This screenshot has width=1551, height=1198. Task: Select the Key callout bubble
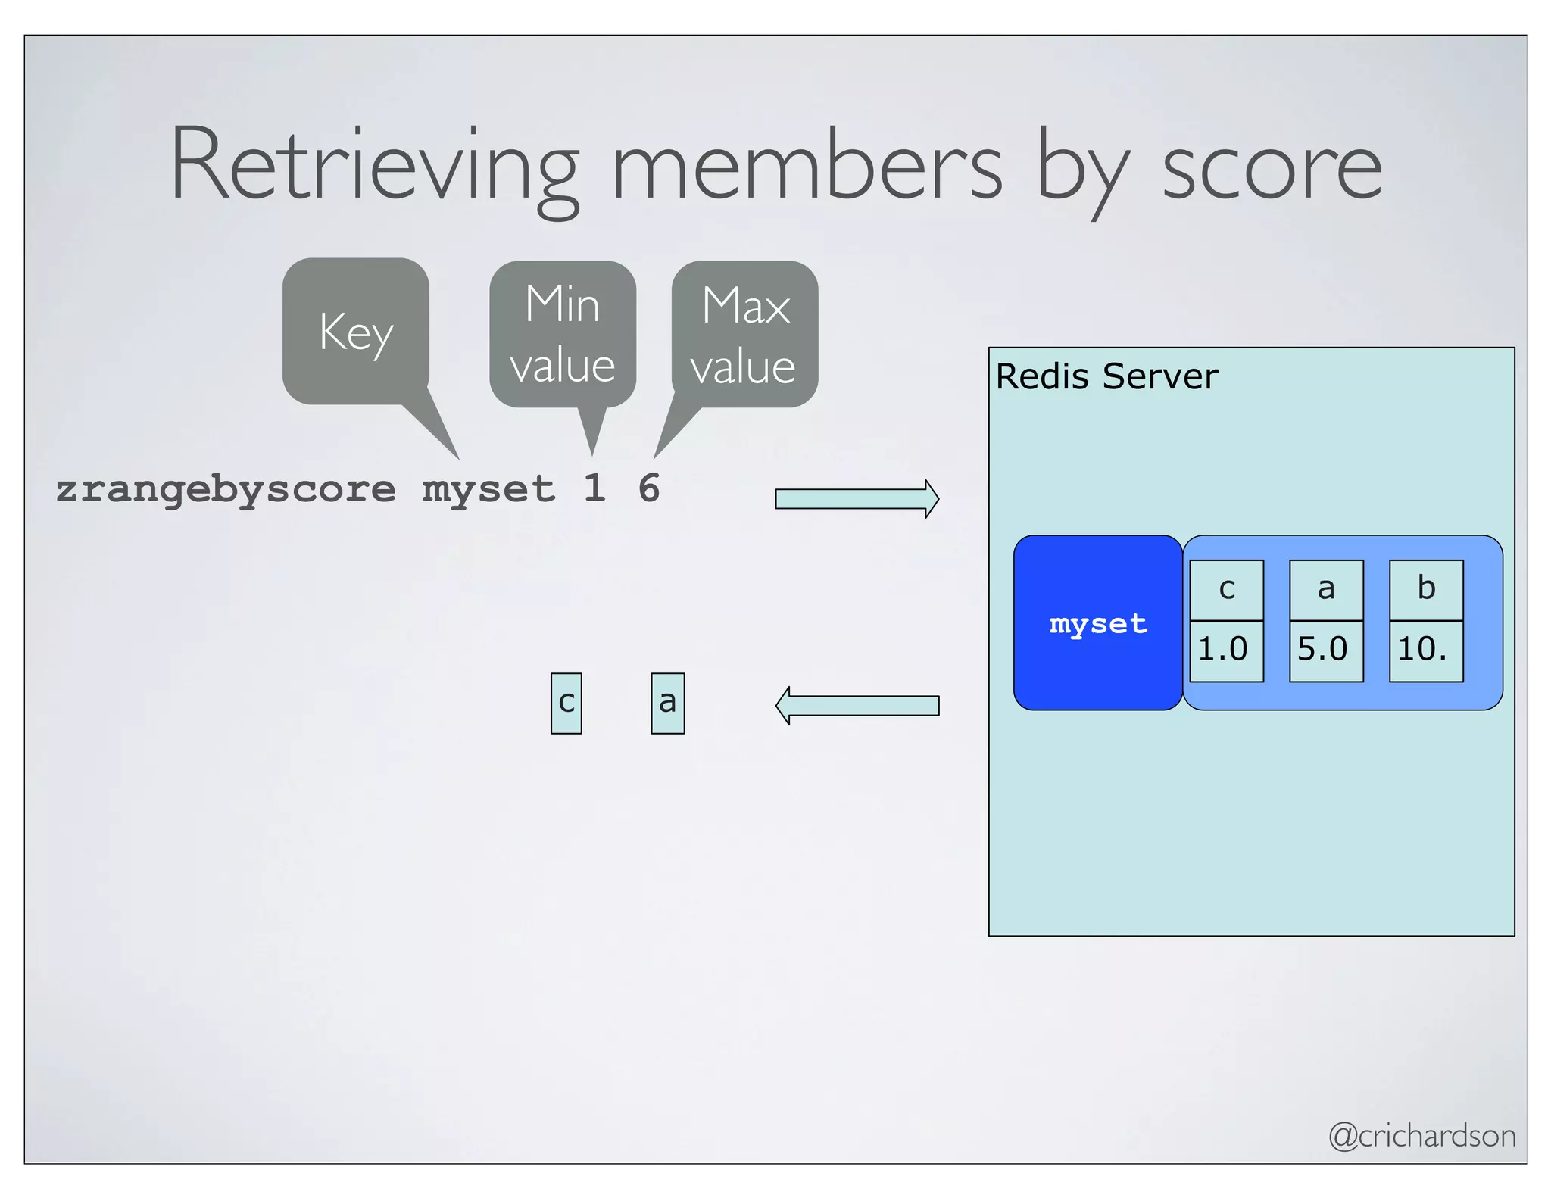[356, 332]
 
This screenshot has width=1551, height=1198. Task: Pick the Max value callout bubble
[744, 335]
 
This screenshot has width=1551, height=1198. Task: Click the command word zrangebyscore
[226, 490]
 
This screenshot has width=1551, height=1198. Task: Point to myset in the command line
[488, 490]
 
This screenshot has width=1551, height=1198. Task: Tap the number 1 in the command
[594, 488]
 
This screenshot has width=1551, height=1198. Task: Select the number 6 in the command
[649, 488]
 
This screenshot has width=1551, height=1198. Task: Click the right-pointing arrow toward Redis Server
[857, 499]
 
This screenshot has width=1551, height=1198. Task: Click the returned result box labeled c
[566, 704]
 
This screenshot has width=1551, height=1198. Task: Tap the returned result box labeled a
[667, 704]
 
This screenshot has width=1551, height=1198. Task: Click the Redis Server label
[1106, 376]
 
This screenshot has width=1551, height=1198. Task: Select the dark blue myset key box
[1097, 623]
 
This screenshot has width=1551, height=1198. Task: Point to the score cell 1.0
[1226, 650]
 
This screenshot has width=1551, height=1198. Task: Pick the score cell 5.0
[1326, 650]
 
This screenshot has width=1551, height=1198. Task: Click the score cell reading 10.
[1426, 650]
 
